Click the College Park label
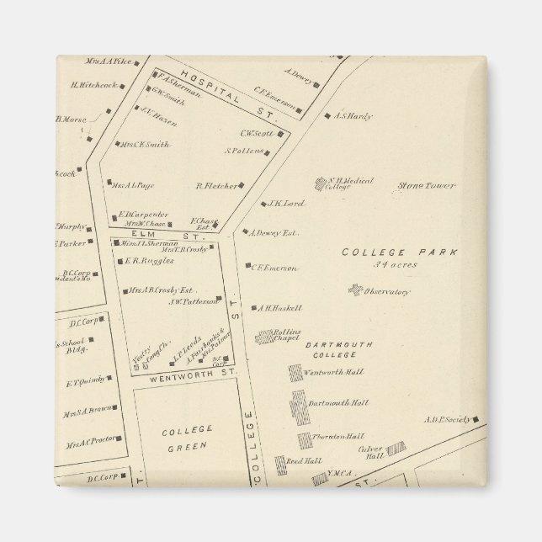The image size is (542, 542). coord(387,252)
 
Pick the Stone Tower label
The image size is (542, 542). coord(426,185)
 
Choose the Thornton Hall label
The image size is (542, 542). coord(337,436)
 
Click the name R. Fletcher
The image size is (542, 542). coord(214,186)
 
